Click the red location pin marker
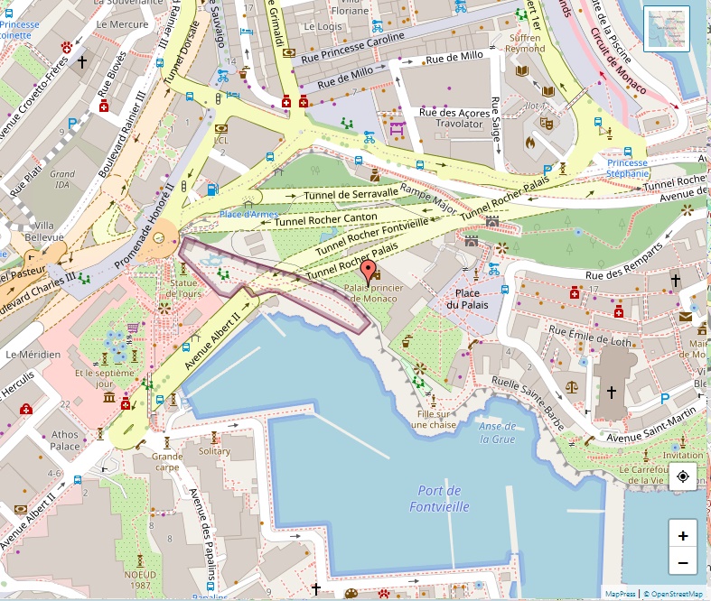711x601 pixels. point(368,271)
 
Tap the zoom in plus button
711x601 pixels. point(682,535)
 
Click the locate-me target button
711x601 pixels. point(682,476)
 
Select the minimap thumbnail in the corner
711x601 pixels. point(667,29)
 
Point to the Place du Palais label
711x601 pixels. point(467,299)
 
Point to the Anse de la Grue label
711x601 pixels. point(498,433)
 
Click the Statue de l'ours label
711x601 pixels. point(184,288)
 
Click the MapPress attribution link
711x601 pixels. point(620,594)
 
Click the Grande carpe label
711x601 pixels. point(167,462)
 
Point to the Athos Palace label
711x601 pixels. point(65,439)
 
